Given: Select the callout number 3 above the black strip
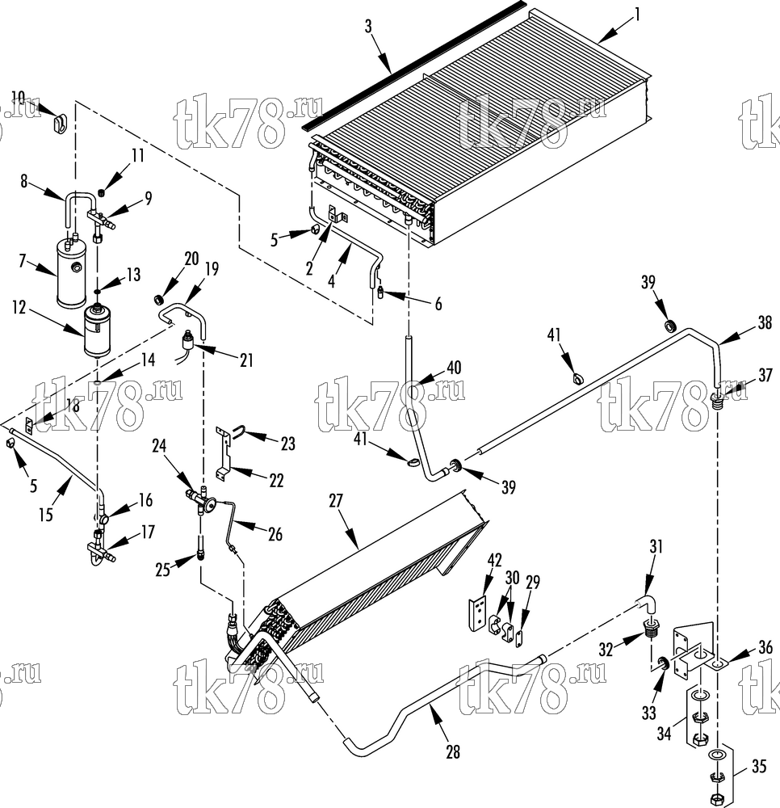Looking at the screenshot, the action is click(368, 27).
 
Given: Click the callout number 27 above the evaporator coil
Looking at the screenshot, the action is click(336, 501).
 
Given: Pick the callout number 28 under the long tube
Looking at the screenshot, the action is click(452, 751).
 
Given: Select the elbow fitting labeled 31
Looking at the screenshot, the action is click(646, 603).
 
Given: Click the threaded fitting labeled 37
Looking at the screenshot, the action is click(718, 401).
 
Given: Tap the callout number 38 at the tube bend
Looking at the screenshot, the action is click(765, 322).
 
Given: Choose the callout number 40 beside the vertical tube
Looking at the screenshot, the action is click(454, 368).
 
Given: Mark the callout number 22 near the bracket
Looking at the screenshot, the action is click(276, 480).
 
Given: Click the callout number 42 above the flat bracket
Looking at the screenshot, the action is click(494, 560).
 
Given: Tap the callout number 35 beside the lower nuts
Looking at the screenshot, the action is click(759, 766).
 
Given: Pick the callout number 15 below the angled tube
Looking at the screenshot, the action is click(46, 514).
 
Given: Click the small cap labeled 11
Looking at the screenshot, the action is click(102, 193).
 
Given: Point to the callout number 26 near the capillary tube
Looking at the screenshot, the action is click(275, 534).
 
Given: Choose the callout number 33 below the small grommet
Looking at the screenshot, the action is click(648, 713).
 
